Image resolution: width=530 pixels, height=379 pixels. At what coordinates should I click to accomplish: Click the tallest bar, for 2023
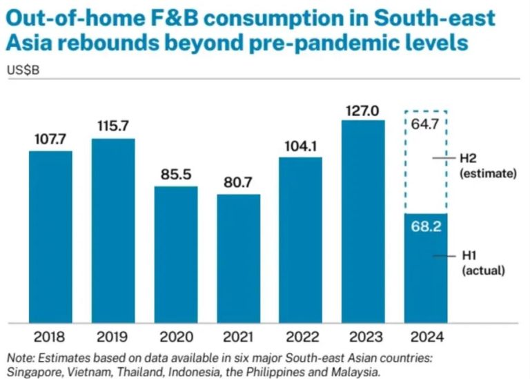364,221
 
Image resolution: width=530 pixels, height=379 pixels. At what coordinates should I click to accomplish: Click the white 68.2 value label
426,226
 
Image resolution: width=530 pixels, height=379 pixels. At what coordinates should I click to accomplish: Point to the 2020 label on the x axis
175,338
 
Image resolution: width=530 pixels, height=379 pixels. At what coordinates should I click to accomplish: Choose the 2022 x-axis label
301,338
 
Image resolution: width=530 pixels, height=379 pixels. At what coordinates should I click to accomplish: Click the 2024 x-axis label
426,338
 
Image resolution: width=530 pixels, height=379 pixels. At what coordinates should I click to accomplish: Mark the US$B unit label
23,70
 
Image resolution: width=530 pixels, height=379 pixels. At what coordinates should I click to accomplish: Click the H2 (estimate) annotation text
487,166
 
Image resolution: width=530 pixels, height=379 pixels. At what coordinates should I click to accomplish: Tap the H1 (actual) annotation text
482,263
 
